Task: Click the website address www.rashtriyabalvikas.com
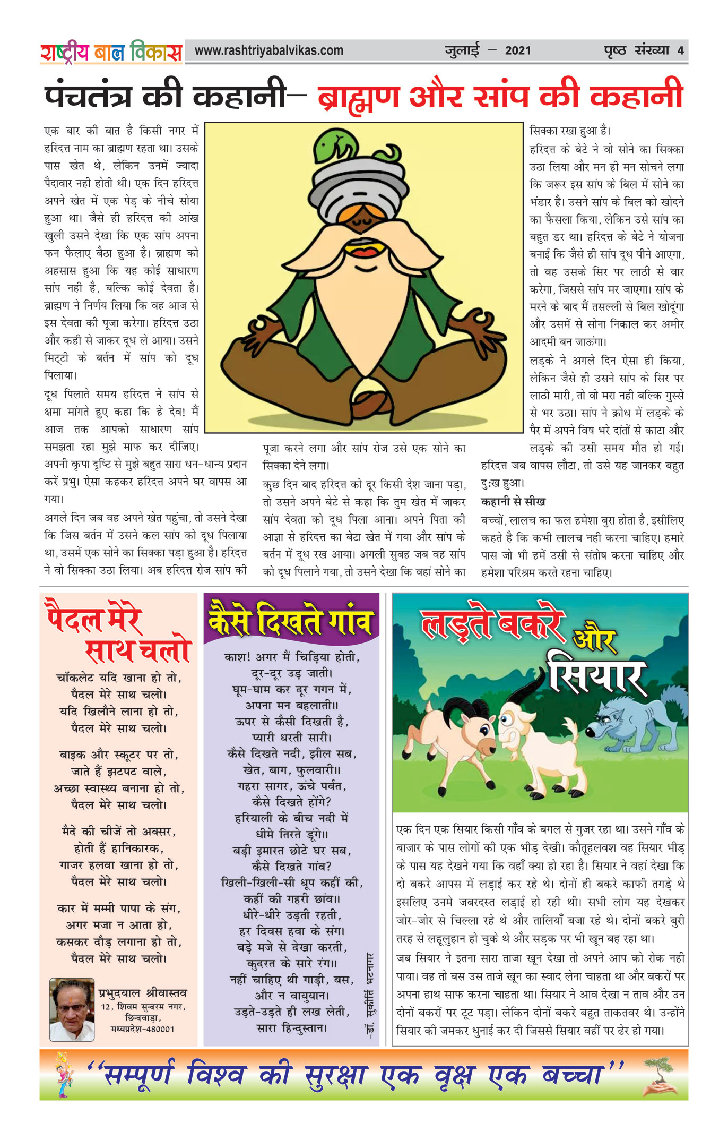(269, 51)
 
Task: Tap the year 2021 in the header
(517, 51)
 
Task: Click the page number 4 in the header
(680, 51)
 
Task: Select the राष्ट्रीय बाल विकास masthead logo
(111, 52)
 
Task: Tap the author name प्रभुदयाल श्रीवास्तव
(143, 992)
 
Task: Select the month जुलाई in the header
(462, 51)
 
